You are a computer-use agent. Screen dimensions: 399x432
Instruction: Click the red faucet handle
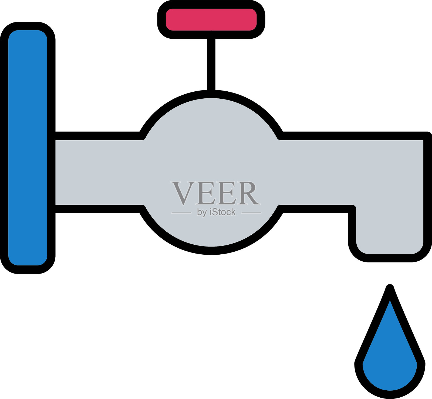211,19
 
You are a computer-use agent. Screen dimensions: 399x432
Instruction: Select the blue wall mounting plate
28,148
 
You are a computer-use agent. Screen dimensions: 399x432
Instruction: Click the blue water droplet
390,360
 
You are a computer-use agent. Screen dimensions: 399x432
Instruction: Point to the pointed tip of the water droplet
390,288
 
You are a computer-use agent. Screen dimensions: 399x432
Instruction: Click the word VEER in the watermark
215,193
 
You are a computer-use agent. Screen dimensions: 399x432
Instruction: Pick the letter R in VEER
248,193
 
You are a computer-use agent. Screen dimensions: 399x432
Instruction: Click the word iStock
223,212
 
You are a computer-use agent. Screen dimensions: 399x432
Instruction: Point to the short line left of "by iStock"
181,213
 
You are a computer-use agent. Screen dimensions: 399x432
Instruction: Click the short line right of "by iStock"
251,213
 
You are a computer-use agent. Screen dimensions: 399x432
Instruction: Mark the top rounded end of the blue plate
28,34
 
